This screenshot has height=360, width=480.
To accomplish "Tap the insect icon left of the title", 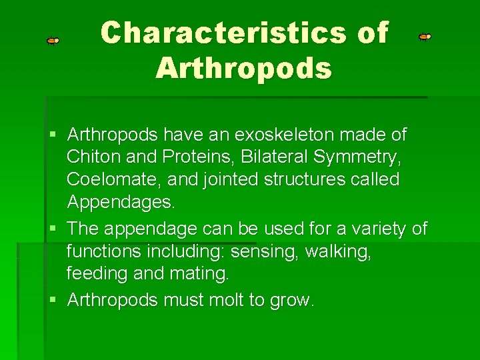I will pyautogui.click(x=53, y=41).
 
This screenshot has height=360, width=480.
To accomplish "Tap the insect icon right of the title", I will pyautogui.click(x=425, y=37).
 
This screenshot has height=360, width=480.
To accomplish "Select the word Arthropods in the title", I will pyautogui.click(x=243, y=68).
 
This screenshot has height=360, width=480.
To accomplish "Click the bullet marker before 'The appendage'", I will pyautogui.click(x=55, y=229).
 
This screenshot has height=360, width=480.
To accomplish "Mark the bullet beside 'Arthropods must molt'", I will pyautogui.click(x=55, y=300).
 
